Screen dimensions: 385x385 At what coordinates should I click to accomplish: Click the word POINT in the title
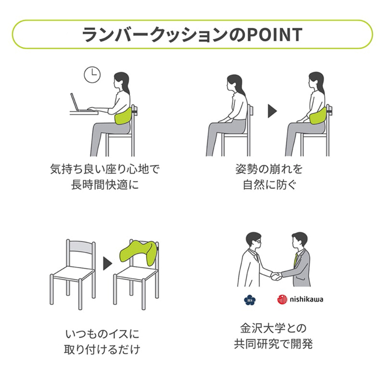274,35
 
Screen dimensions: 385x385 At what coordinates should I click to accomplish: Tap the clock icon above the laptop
92,74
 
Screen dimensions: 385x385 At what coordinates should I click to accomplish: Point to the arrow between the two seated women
272,111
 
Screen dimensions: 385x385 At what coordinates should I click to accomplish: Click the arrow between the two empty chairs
107,264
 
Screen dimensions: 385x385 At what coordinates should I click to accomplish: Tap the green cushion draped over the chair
139,252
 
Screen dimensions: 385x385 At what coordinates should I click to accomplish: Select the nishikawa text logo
306,299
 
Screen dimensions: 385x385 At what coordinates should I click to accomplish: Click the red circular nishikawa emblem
282,299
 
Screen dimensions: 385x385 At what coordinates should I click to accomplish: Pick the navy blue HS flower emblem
250,300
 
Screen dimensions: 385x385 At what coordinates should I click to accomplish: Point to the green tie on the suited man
296,260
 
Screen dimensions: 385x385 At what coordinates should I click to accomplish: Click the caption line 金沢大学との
273,328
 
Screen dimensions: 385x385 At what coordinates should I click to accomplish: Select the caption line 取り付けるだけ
102,349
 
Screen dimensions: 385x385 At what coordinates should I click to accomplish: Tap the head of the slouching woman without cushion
235,83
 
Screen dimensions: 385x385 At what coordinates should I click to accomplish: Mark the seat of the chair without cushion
73,272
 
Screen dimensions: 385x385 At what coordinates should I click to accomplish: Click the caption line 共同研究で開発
273,344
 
